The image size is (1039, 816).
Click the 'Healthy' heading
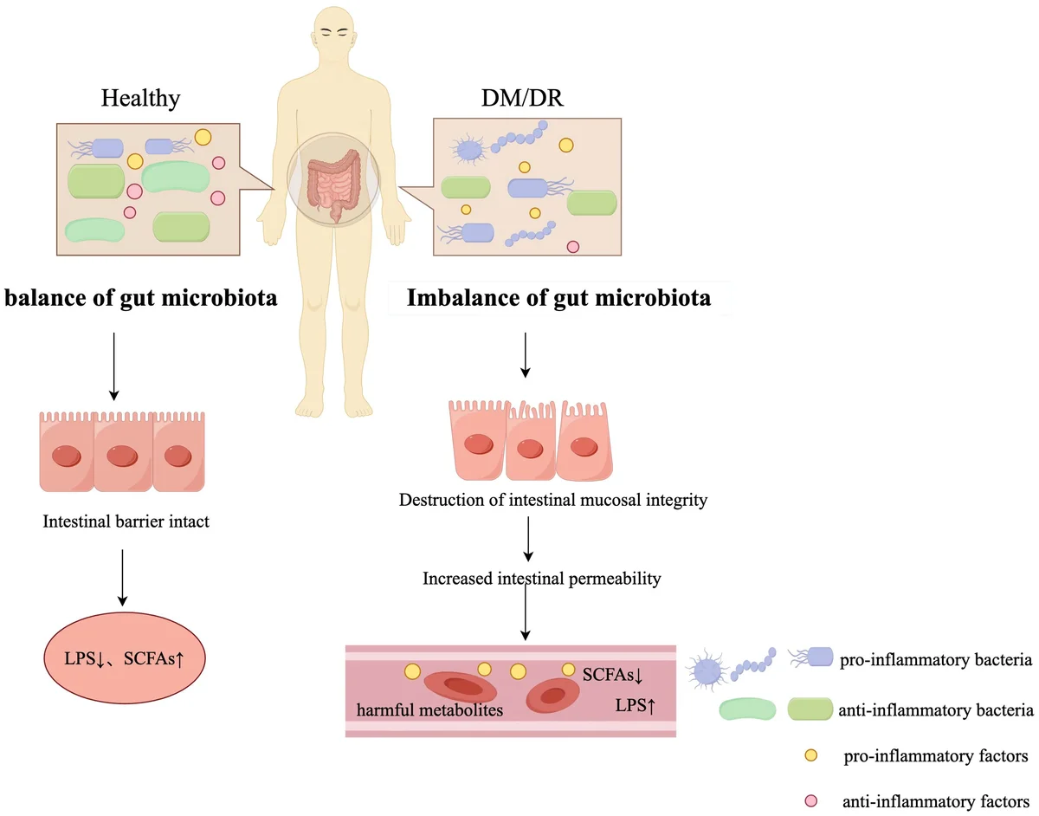click(x=140, y=98)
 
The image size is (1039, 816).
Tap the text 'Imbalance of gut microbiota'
click(x=559, y=299)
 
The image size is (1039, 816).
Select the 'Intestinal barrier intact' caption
click(x=125, y=522)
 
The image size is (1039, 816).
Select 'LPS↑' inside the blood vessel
click(x=634, y=706)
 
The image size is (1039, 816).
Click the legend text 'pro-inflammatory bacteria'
click(x=935, y=661)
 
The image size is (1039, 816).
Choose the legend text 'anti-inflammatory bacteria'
click(x=935, y=710)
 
